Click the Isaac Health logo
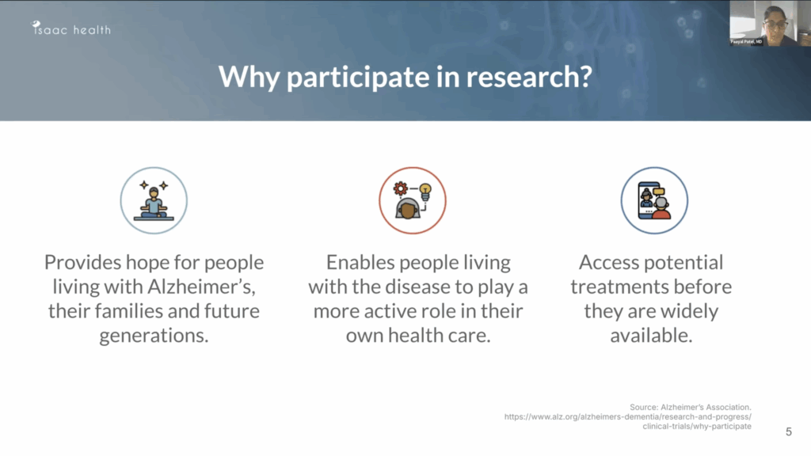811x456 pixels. click(x=71, y=29)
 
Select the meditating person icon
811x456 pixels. click(x=154, y=200)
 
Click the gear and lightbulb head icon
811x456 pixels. click(x=412, y=200)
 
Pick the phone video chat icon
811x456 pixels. click(x=654, y=200)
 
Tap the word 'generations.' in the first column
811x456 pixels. click(x=154, y=336)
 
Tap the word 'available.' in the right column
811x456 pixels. click(x=651, y=336)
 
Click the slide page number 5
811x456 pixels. click(x=788, y=431)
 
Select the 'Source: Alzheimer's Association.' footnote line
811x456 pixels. click(x=690, y=407)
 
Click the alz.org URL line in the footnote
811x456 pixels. click(x=627, y=416)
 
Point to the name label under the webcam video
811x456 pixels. click(x=747, y=41)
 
